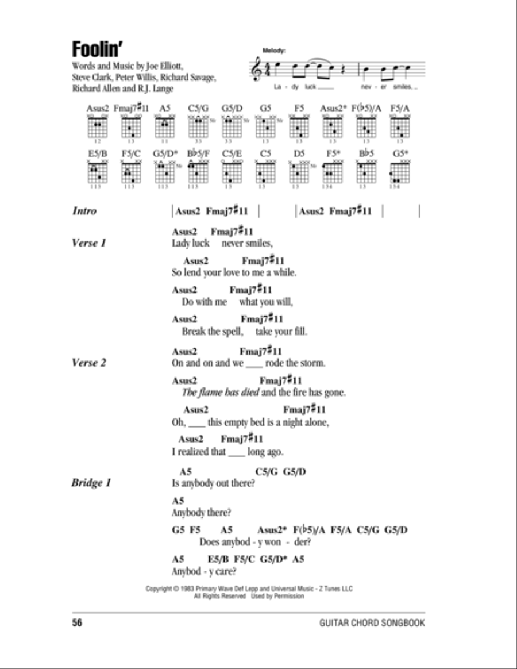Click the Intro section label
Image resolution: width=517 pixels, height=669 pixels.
84,211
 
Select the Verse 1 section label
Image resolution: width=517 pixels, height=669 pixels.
88,243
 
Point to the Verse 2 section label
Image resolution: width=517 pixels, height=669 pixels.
88,363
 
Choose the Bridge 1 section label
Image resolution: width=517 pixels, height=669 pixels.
91,483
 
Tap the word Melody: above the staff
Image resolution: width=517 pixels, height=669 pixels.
273,51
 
